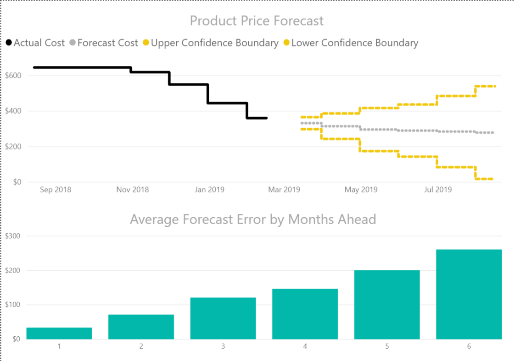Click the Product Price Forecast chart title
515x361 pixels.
pos(257,21)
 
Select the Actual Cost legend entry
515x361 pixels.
pos(35,43)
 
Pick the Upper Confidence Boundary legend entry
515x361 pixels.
pos(211,43)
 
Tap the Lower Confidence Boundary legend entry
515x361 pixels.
pos(351,43)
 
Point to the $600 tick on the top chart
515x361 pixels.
pos(13,76)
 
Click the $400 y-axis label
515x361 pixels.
pos(13,111)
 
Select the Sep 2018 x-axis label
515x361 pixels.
pos(56,190)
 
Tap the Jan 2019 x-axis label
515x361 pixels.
pos(209,190)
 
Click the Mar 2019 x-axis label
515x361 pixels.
pos(284,190)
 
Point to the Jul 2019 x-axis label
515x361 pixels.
pos(437,190)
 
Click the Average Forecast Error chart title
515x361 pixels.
pos(253,219)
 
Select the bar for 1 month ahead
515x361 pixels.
pos(59,334)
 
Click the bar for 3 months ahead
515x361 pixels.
pos(223,318)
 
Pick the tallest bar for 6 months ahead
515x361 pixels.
pos(469,295)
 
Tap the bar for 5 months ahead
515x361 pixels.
pos(387,305)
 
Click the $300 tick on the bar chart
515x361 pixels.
pos(13,236)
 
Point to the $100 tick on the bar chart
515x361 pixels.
pos(13,305)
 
